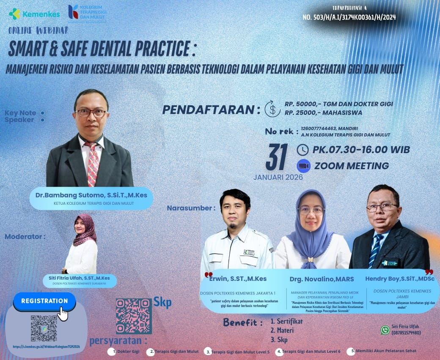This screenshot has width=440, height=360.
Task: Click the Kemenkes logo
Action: click(x=34, y=14)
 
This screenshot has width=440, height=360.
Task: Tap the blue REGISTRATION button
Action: click(x=44, y=301)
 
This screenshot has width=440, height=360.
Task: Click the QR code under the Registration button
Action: click(x=44, y=328)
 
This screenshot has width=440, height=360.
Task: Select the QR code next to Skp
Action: click(x=133, y=316)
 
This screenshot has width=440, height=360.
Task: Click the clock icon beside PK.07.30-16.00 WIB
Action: click(x=303, y=150)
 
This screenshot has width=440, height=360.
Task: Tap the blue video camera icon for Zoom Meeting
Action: click(x=304, y=166)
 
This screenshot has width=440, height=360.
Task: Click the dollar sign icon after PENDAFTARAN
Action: click(x=272, y=108)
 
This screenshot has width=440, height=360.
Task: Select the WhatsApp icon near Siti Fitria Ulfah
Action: click(x=385, y=330)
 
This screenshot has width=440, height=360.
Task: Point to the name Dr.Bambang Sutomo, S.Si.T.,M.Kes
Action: click(x=91, y=195)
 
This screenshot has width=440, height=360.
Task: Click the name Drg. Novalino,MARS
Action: click(x=322, y=279)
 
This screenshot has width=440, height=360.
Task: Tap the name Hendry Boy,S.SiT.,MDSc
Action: click(x=399, y=279)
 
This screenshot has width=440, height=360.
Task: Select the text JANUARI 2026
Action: click(x=278, y=177)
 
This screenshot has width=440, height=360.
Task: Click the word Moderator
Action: click(x=25, y=236)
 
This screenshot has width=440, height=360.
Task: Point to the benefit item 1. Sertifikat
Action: click(x=286, y=321)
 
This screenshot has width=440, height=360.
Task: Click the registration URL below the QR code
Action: click(x=46, y=346)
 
